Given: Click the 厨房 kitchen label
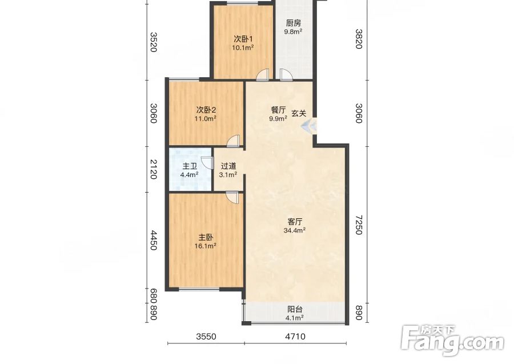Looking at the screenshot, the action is tap(294, 23).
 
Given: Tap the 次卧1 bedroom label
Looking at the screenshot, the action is tap(243, 39).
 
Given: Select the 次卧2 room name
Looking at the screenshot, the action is tap(206, 110).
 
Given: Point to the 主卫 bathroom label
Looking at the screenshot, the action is tap(190, 166).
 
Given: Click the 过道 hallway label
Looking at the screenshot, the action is tap(228, 166).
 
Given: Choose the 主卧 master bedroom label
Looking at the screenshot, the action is tap(206, 237).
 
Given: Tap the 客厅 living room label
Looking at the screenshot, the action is tap(295, 222).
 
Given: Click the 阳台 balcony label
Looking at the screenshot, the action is tap(295, 309).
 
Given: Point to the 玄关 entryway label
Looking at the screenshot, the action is tap(299, 114).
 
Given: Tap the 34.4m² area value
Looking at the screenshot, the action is tap(295, 230).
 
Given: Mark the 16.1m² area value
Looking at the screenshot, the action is tap(206, 245).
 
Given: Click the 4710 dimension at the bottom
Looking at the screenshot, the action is tap(295, 337).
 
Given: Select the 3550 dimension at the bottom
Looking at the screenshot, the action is tap(206, 337).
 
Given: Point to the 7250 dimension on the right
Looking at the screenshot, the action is tap(359, 225).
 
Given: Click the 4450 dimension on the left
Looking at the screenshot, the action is tap(154, 240).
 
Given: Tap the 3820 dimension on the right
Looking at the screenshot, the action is tap(359, 39).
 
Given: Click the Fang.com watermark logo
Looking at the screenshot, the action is tap(453, 341).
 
